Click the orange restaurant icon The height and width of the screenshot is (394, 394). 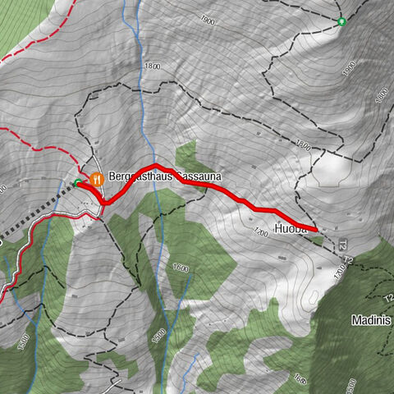pos(96,177)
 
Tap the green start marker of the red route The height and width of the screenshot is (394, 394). pos(78,182)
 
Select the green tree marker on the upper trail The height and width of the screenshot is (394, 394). pos(342,21)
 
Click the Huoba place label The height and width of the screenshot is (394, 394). pos(291,230)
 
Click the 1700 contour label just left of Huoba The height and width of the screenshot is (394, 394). pos(262,233)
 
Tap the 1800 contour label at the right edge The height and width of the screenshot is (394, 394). pos(381,95)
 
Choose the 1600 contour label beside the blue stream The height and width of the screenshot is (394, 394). pos(181,268)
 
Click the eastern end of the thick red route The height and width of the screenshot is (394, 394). pos(316,229)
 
